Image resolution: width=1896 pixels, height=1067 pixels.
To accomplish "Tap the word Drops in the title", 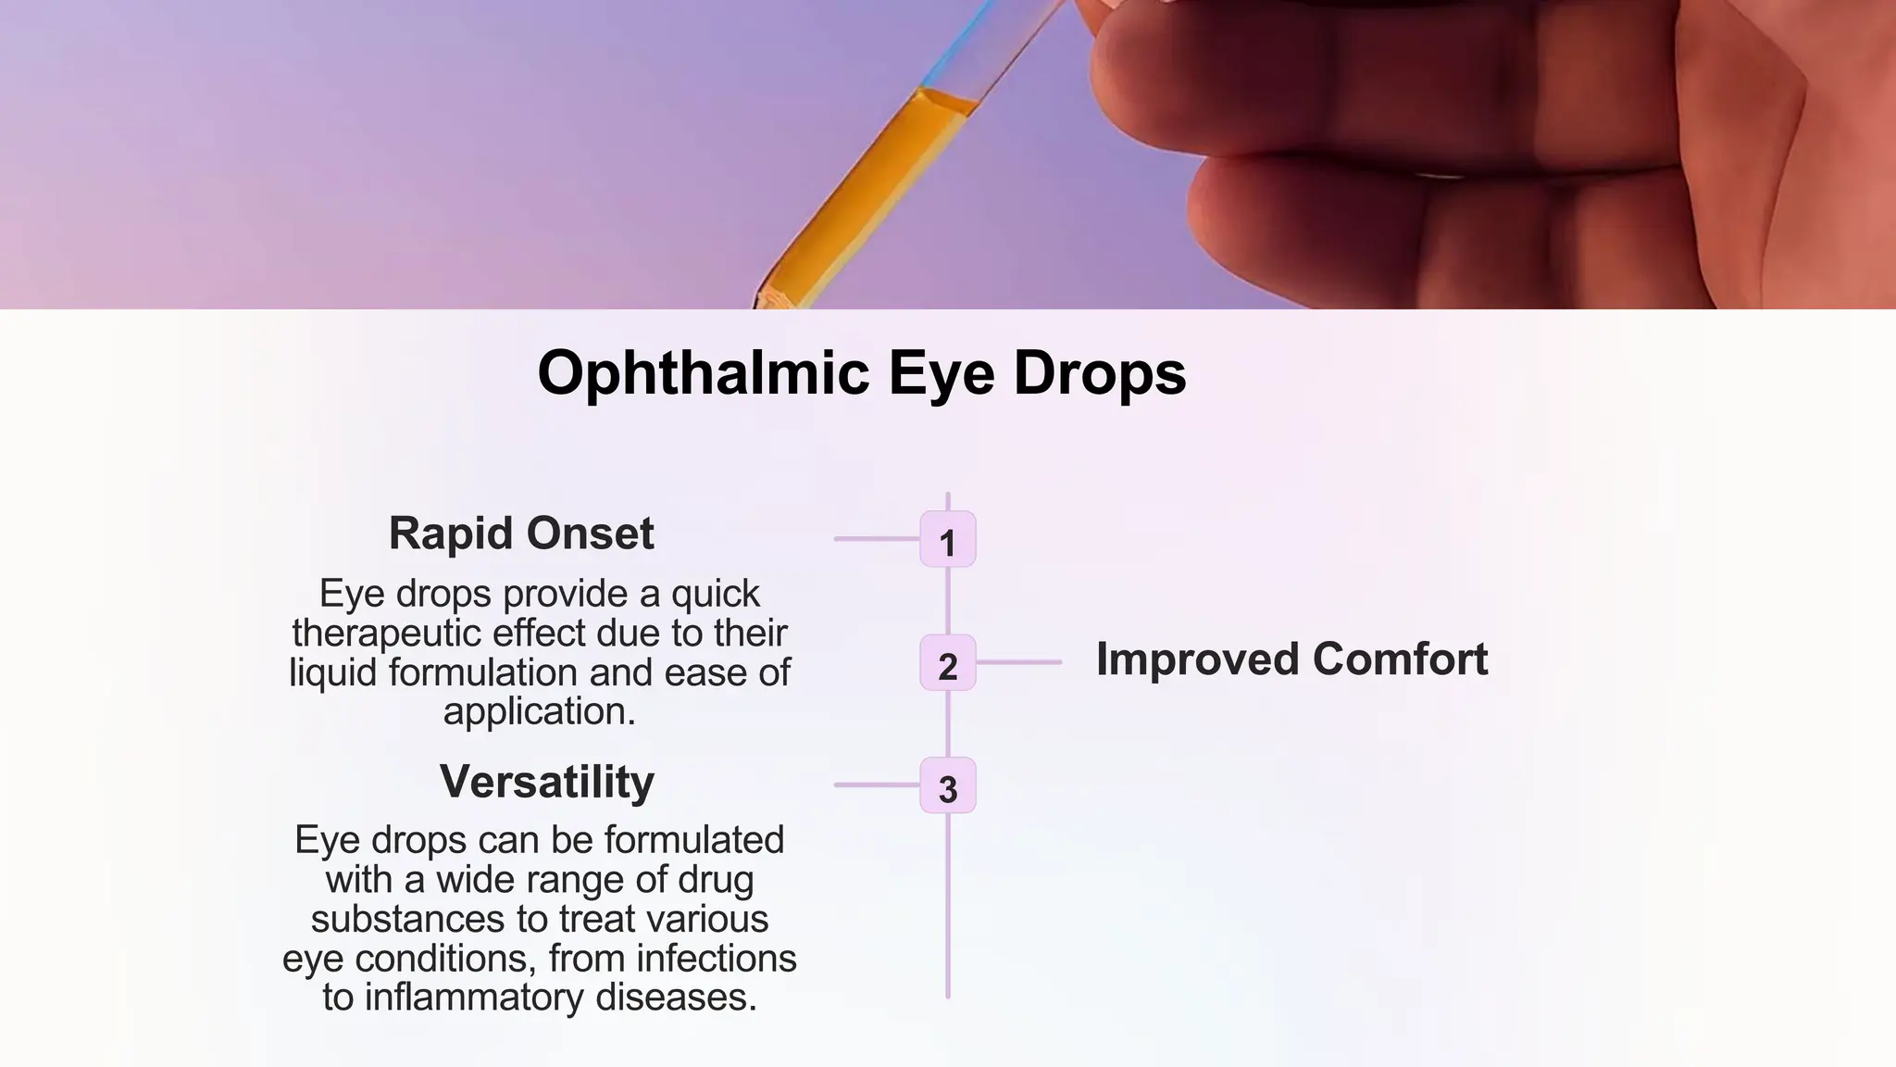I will [1100, 374].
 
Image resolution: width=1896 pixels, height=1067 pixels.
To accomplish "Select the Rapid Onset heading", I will [521, 533].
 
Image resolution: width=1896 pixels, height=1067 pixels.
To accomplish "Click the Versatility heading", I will [546, 782].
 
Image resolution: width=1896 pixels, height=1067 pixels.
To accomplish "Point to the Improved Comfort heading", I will [1291, 659].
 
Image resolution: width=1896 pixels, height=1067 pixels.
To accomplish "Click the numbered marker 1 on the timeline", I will [947, 540].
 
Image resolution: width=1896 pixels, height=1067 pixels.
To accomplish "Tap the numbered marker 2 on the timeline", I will [947, 663].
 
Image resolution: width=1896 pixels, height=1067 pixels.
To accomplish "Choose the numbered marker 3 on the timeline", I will [947, 786].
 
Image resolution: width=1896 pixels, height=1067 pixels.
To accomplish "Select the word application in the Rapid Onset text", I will [538, 711].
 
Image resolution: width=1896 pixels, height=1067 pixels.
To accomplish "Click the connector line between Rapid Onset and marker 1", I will [876, 538].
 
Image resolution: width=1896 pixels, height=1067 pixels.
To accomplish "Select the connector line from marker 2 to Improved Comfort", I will [1018, 662].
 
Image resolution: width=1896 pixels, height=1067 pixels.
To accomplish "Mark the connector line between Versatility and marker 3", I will [876, 785].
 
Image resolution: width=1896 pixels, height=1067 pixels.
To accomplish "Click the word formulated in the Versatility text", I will [694, 841].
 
